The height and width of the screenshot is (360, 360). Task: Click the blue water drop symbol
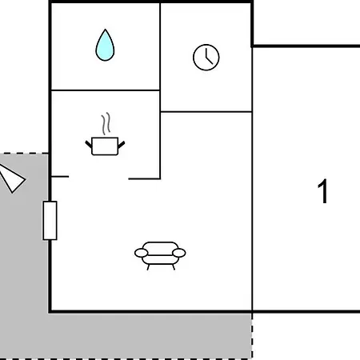point(105,46)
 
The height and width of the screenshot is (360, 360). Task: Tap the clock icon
point(206,58)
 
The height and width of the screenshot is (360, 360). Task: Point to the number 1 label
point(322,191)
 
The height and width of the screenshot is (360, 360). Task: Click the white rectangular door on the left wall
point(50,221)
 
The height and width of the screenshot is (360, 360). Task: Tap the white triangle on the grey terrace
point(12,178)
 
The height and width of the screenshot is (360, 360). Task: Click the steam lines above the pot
point(106,123)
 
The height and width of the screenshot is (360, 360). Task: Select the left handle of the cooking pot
point(89,145)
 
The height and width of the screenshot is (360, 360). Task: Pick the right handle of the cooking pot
point(122,145)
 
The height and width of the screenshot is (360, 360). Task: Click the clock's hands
point(209,57)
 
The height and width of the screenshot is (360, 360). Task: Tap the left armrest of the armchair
point(141,253)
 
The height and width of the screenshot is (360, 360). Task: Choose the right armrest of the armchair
point(179,253)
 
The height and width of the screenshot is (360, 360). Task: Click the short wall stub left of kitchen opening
point(60,177)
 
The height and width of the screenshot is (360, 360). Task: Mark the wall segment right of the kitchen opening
point(144,178)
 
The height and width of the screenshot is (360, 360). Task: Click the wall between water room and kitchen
point(106,90)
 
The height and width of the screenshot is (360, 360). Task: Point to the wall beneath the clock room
point(206,112)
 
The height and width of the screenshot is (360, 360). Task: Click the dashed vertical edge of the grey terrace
point(252,336)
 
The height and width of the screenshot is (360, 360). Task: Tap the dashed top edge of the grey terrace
point(24,154)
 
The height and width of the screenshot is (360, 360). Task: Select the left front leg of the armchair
point(148,267)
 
